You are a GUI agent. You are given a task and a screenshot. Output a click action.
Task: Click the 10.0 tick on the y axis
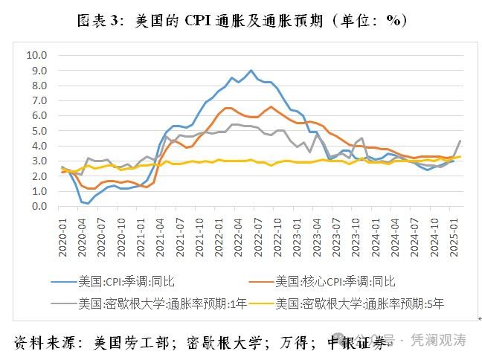36,55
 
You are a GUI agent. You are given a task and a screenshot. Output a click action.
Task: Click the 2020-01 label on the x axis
63,226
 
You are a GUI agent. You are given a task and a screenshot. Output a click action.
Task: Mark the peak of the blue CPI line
251,71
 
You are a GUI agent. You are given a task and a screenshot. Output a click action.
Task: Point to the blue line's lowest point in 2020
89,203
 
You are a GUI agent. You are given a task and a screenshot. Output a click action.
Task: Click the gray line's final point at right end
460,141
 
